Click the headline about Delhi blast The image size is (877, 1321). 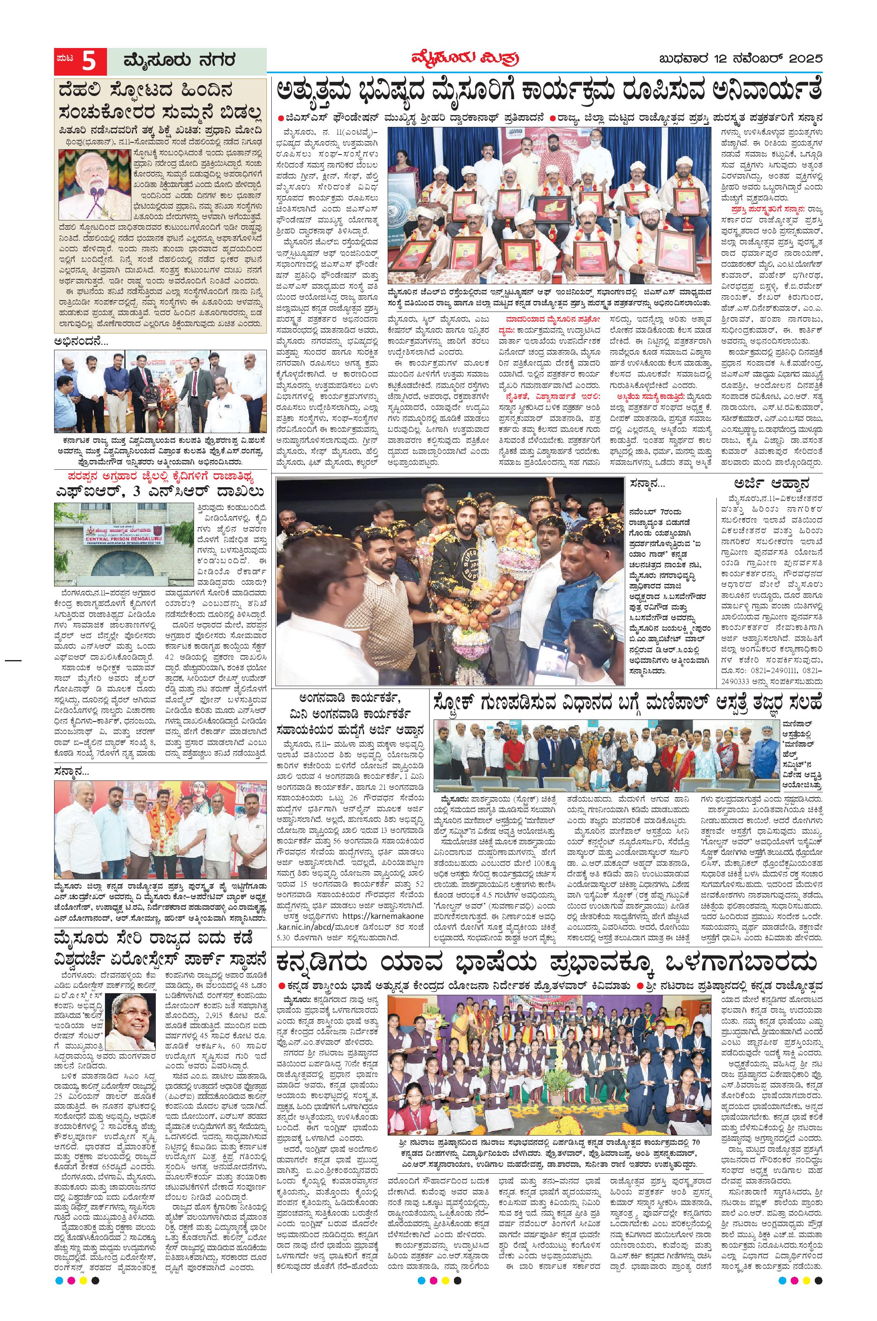click(161, 103)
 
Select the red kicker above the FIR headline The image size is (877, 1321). click(161, 476)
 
